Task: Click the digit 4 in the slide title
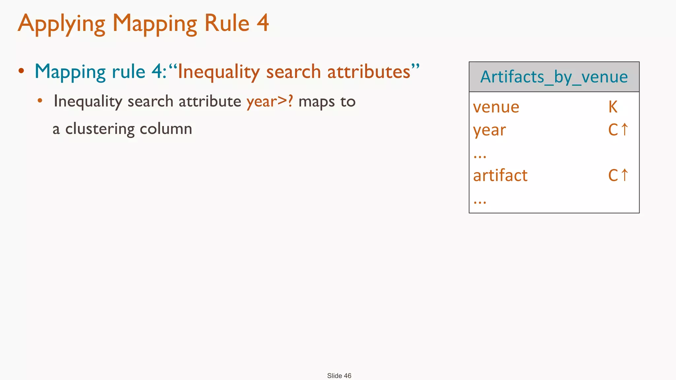click(262, 23)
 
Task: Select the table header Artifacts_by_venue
click(554, 77)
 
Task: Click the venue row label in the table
click(496, 107)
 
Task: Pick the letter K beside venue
click(613, 107)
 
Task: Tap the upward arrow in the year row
click(624, 129)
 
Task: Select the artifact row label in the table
click(500, 175)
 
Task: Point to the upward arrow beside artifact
click(624, 175)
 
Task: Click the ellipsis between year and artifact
click(480, 156)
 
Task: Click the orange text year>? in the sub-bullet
click(269, 101)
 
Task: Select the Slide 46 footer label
click(339, 376)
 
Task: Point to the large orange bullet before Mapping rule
click(21, 71)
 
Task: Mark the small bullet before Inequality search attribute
click(40, 101)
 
